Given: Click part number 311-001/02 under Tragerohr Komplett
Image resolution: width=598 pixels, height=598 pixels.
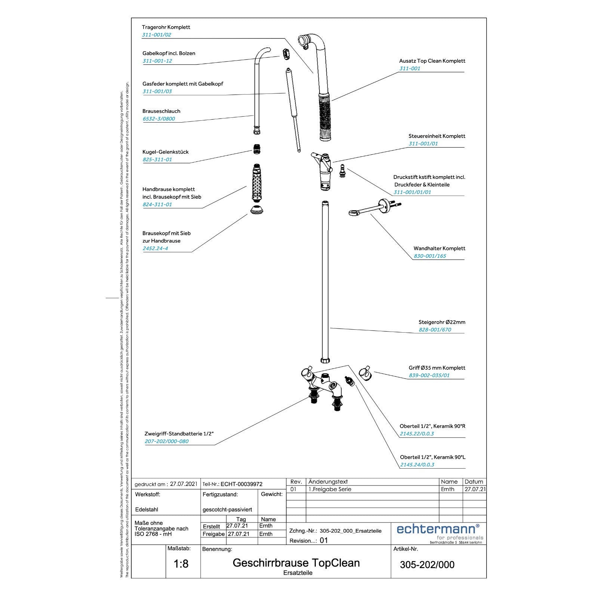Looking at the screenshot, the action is (x=157, y=35).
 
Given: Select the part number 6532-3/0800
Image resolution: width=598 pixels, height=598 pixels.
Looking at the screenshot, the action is (x=159, y=119).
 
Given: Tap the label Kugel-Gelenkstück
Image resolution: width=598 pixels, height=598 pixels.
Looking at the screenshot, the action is (x=166, y=152).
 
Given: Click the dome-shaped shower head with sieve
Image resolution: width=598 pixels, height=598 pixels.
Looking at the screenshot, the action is (x=257, y=210).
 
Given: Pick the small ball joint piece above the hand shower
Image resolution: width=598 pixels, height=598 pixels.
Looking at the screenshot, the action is (x=257, y=149).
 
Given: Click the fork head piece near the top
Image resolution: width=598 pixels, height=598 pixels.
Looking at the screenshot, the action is (x=286, y=53).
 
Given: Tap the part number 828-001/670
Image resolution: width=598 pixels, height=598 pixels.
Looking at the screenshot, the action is (x=435, y=330).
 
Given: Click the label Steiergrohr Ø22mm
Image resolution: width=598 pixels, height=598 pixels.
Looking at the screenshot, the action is (x=442, y=322).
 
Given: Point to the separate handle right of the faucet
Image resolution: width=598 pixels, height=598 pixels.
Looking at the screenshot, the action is (x=365, y=374).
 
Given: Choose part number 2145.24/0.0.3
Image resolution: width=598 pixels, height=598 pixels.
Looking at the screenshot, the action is (x=417, y=465).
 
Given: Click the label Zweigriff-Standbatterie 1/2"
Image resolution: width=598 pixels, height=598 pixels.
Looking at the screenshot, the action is (x=179, y=434).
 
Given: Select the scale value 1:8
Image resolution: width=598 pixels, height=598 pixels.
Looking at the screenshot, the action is (x=181, y=564).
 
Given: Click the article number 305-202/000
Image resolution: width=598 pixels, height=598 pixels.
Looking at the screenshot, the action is (x=427, y=565).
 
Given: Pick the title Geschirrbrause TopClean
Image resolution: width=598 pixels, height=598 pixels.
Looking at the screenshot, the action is (x=296, y=563).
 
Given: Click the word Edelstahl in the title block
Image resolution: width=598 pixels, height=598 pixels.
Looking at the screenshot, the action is (x=147, y=509).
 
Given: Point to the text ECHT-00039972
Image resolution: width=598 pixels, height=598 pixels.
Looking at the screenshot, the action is (x=241, y=484).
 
